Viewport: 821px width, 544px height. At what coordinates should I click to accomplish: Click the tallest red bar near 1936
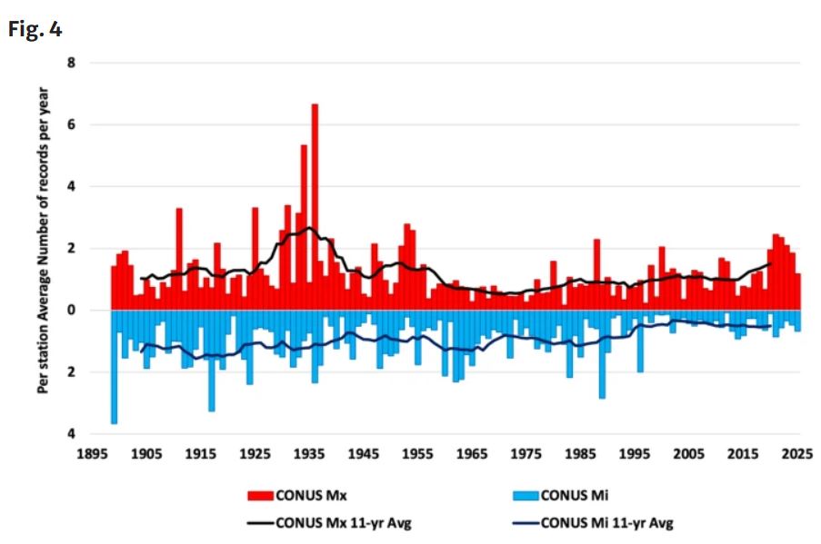pyautogui.click(x=315, y=207)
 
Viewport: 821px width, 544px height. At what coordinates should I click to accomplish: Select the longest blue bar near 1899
pyautogui.click(x=115, y=367)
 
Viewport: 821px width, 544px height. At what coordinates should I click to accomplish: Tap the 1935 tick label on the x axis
pyautogui.click(x=309, y=453)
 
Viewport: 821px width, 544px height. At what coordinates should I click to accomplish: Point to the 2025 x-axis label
pyautogui.click(x=797, y=453)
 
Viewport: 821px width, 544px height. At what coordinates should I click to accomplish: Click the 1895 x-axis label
pyautogui.click(x=92, y=453)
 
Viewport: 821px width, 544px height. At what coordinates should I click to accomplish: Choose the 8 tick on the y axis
pyautogui.click(x=71, y=63)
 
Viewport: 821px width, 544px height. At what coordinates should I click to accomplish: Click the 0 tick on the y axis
pyautogui.click(x=71, y=311)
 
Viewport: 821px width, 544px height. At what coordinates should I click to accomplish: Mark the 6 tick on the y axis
pyautogui.click(x=71, y=124)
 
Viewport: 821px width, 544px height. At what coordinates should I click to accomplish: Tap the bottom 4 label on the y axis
pyautogui.click(x=71, y=433)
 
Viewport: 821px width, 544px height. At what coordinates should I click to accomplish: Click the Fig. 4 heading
pyautogui.click(x=35, y=29)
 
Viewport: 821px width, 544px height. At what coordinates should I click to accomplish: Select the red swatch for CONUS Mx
pyautogui.click(x=260, y=495)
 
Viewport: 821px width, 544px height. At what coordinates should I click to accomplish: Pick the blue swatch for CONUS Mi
pyautogui.click(x=526, y=495)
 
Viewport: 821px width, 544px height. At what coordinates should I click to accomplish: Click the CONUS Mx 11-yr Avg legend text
pyautogui.click(x=344, y=522)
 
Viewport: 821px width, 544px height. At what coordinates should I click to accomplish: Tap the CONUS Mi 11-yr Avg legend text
pyautogui.click(x=606, y=522)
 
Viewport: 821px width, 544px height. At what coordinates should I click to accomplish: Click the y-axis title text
pyautogui.click(x=43, y=240)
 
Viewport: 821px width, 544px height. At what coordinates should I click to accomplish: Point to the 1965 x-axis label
pyautogui.click(x=472, y=453)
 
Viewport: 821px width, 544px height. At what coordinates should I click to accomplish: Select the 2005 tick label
pyautogui.click(x=688, y=453)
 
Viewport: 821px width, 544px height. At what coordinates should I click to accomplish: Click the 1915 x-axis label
pyautogui.click(x=201, y=453)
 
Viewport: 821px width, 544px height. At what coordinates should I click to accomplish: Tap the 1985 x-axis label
pyautogui.click(x=580, y=453)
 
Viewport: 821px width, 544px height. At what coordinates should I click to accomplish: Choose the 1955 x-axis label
pyautogui.click(x=417, y=453)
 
